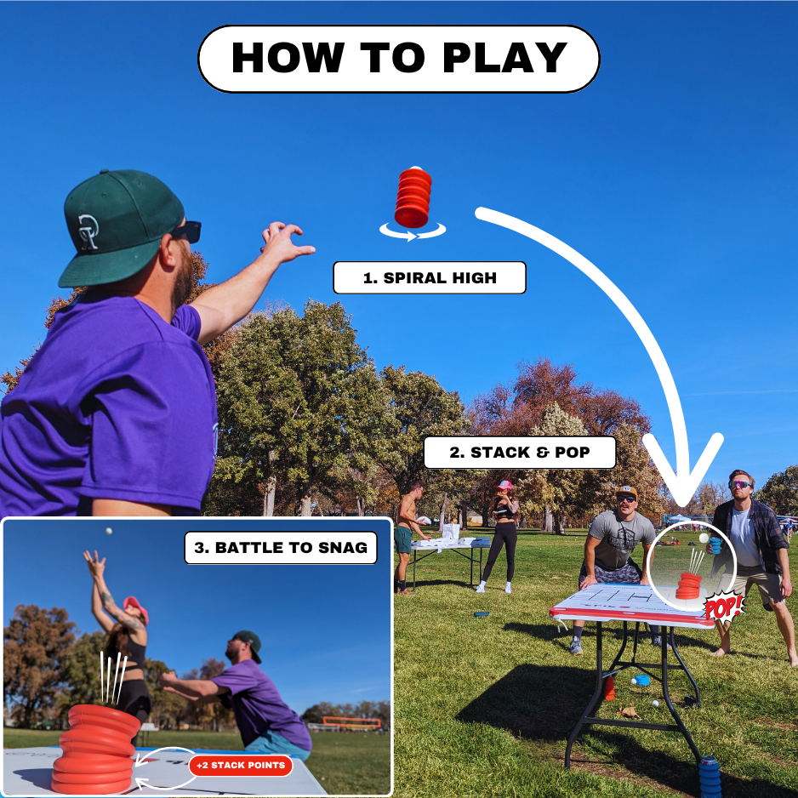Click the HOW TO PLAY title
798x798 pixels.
(399, 59)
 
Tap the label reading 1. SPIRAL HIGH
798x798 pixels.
(430, 278)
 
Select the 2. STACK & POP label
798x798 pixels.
(520, 453)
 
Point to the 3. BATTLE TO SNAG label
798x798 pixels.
(281, 548)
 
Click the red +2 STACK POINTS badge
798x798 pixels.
(241, 766)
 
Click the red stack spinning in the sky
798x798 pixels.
(413, 197)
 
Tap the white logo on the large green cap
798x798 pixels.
(88, 232)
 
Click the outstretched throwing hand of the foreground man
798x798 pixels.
(286, 242)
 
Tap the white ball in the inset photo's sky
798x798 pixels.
(108, 531)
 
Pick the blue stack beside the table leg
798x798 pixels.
(710, 777)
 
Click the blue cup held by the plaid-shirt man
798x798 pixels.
(715, 546)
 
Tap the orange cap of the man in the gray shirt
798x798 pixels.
(626, 492)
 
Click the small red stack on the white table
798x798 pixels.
(688, 586)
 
